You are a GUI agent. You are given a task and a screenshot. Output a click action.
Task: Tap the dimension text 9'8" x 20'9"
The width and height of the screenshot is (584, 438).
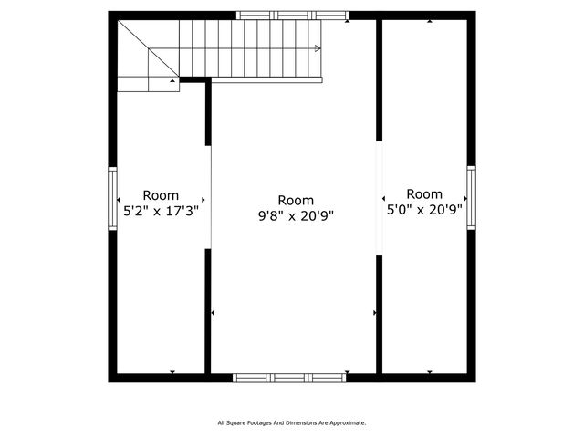(x=295, y=216)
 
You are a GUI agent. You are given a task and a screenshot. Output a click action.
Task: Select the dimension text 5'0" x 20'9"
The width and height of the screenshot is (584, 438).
(x=424, y=209)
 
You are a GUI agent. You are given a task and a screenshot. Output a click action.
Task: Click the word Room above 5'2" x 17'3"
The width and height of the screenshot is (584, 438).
(x=160, y=195)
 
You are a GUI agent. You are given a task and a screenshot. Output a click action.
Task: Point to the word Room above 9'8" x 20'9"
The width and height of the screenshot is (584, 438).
(x=295, y=201)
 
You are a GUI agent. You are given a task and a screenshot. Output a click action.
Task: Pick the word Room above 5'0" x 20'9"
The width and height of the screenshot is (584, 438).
(x=424, y=194)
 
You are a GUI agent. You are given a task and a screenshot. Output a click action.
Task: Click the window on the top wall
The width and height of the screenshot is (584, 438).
(x=292, y=15)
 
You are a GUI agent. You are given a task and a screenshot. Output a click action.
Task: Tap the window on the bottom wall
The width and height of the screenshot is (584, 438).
(x=289, y=377)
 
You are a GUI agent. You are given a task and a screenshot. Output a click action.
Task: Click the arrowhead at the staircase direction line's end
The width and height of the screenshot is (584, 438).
(x=317, y=47)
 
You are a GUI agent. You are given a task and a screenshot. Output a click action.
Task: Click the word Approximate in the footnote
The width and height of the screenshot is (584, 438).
(x=347, y=423)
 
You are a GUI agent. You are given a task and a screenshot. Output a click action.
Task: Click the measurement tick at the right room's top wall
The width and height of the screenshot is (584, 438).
(x=430, y=21)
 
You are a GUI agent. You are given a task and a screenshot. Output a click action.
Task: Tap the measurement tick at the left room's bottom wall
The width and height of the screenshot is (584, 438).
(x=172, y=371)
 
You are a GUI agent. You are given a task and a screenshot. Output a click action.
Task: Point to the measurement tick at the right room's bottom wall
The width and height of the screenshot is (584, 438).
(x=430, y=371)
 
